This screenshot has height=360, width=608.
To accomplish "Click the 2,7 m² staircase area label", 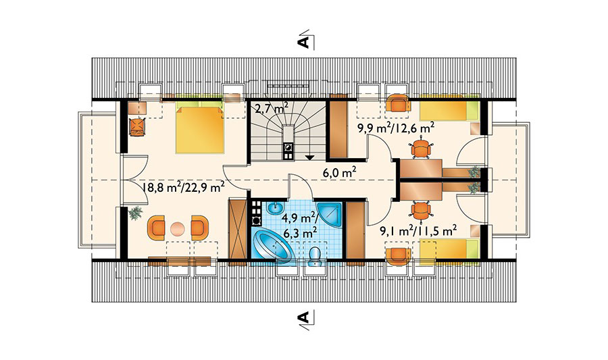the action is [272, 107].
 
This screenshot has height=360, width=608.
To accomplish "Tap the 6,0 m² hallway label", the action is [340, 172].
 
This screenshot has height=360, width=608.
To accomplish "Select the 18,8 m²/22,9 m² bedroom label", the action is [183, 188].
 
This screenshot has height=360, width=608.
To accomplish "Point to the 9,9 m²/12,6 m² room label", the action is [395, 128].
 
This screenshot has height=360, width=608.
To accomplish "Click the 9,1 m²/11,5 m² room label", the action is [418, 232].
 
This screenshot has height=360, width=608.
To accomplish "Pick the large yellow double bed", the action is [200, 130].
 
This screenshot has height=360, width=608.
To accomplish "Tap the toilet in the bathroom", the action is [315, 257].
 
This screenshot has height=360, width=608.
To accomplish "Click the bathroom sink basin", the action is [276, 208].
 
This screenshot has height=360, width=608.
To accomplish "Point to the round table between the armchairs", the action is [178, 228].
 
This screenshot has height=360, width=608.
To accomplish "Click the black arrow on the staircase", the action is [309, 157].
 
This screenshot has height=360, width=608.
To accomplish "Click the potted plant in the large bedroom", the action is [135, 213].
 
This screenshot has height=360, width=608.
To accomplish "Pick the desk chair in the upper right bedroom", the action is [420, 149].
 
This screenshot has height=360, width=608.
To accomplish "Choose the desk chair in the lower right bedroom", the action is [420, 211].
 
